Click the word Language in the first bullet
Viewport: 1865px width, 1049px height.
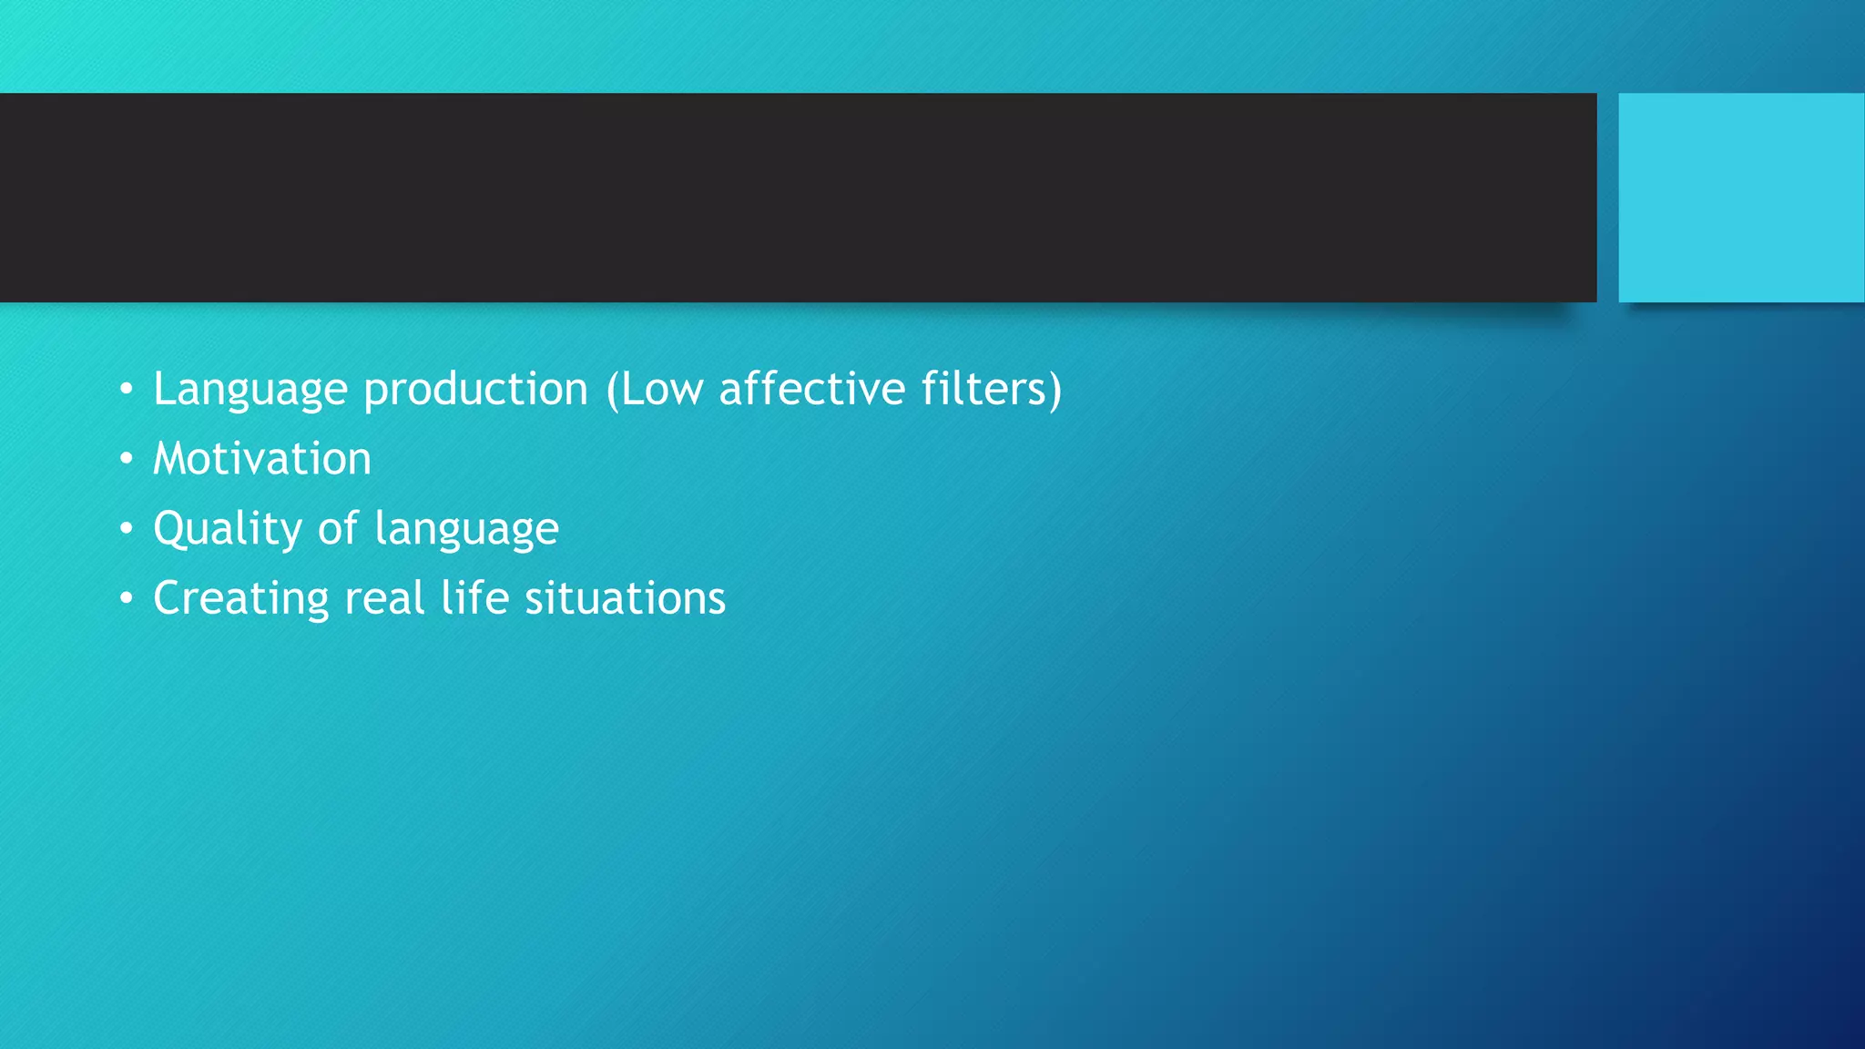250,390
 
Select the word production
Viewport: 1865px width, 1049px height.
475,390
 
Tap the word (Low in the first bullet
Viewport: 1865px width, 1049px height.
655,390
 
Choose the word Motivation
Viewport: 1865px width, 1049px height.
262,458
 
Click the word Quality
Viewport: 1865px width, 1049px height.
228,529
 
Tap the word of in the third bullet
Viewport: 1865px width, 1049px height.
338,528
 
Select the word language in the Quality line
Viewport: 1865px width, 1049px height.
466,530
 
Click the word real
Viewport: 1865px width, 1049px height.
384,598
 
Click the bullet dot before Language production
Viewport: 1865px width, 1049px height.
127,390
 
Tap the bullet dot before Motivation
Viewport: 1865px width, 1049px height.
127,459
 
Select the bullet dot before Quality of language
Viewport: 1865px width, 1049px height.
127,529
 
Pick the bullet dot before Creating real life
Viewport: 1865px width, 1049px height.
127,599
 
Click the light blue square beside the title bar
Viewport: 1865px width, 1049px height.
1740,198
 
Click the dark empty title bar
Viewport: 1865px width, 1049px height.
798,198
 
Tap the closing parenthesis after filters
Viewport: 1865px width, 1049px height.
1055,389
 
